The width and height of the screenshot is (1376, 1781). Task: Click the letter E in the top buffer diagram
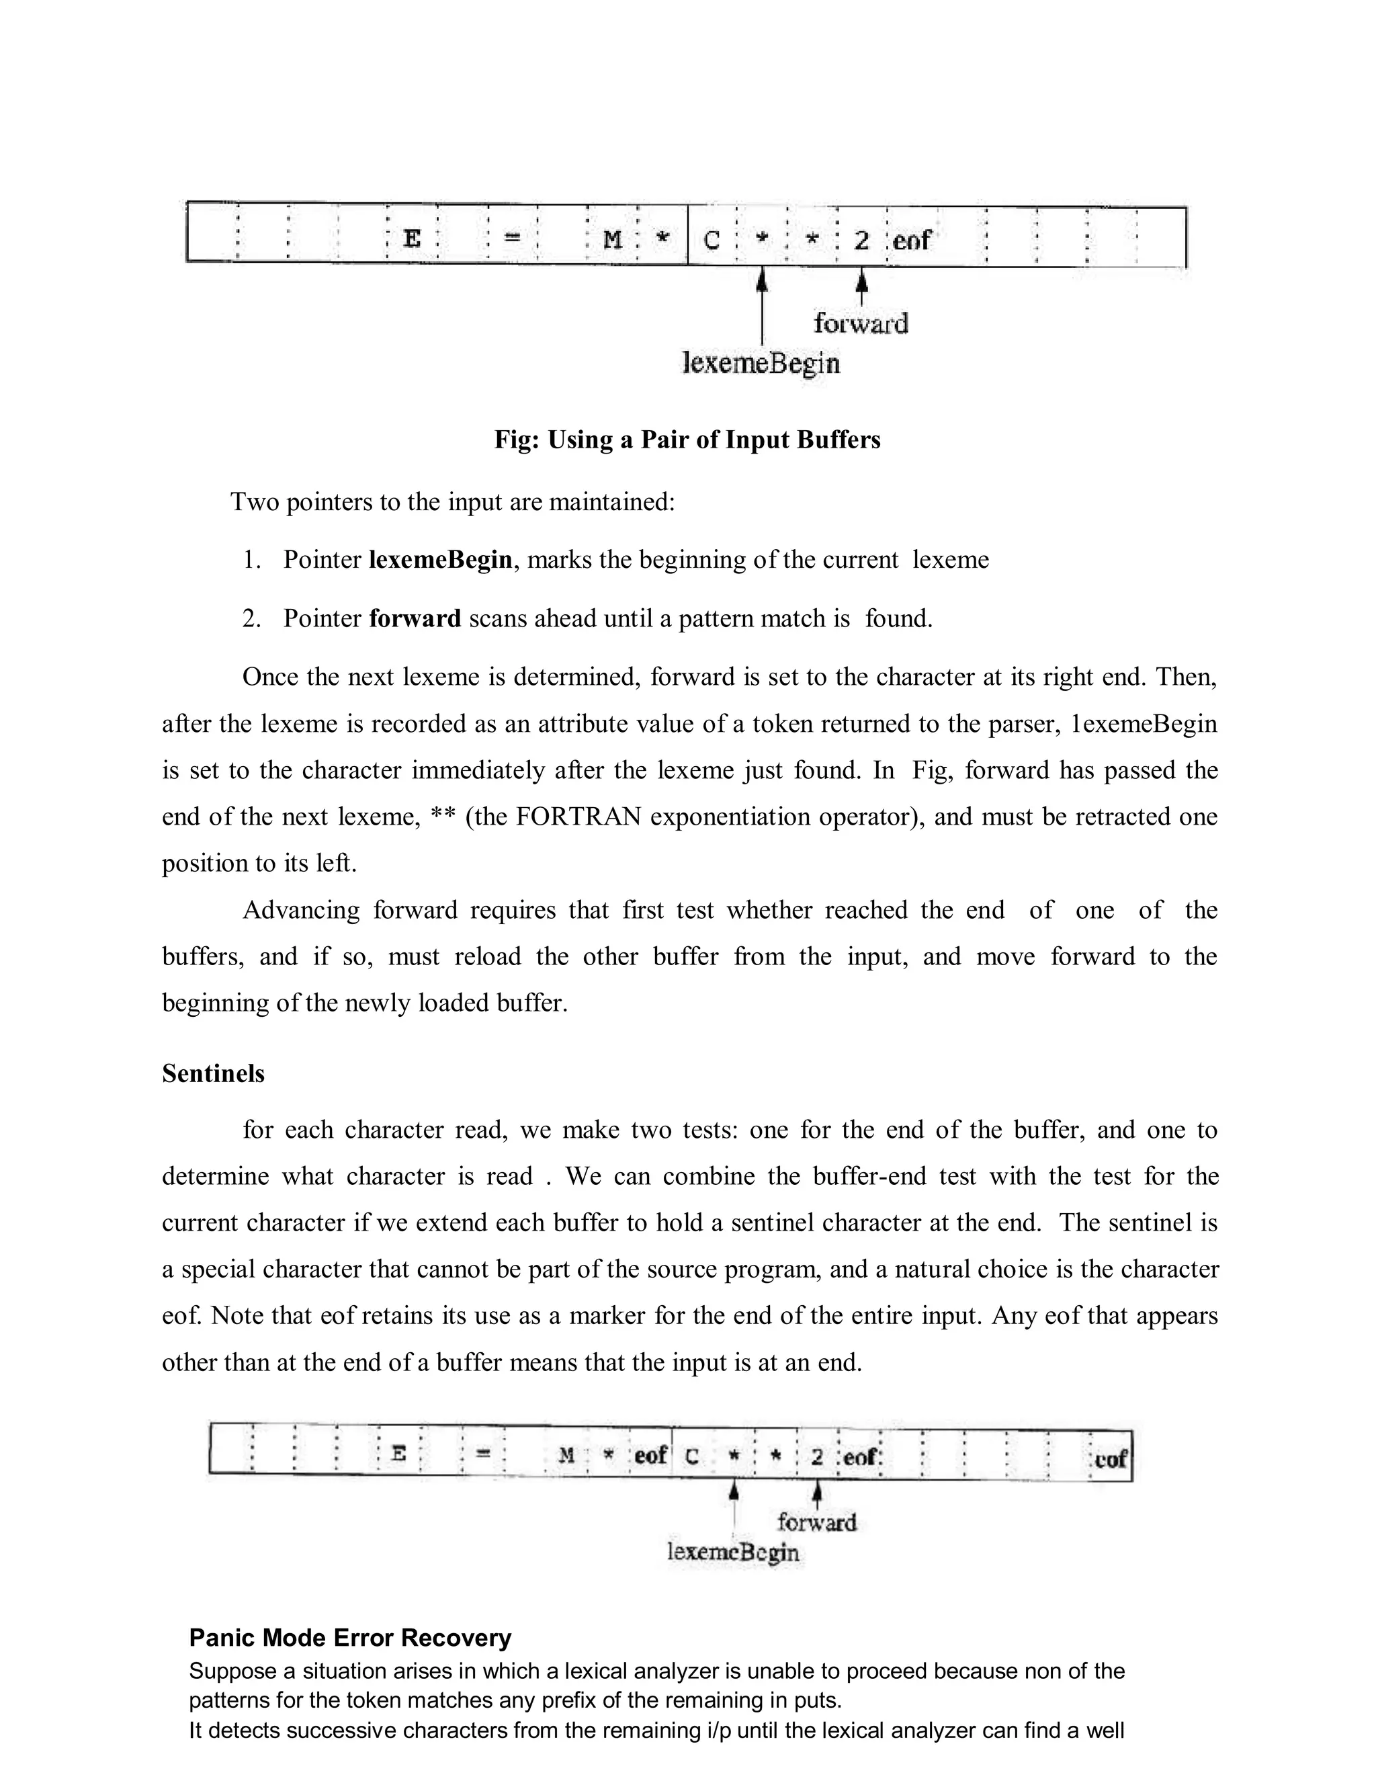pos(413,239)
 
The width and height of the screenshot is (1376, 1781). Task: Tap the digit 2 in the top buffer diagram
pos(861,241)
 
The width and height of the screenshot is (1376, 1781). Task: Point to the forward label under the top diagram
pos(861,324)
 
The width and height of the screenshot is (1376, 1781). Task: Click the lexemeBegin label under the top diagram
pos(761,363)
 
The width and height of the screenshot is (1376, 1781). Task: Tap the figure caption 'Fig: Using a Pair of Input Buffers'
pos(687,440)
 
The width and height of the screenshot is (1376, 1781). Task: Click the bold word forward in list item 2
pos(415,619)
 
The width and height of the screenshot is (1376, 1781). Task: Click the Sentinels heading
pos(214,1074)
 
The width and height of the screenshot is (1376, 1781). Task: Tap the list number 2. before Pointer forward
pos(251,619)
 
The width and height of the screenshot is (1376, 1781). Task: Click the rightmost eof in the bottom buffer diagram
pos(1110,1459)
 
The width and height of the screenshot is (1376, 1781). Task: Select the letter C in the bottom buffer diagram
pos(691,1457)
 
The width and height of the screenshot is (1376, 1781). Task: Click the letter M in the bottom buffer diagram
pos(567,1456)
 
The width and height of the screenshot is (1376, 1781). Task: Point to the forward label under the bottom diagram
pos(817,1522)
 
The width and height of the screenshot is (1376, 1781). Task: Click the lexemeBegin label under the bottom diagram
pos(733,1552)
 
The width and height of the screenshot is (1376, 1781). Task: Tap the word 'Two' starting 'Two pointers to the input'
pos(255,501)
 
